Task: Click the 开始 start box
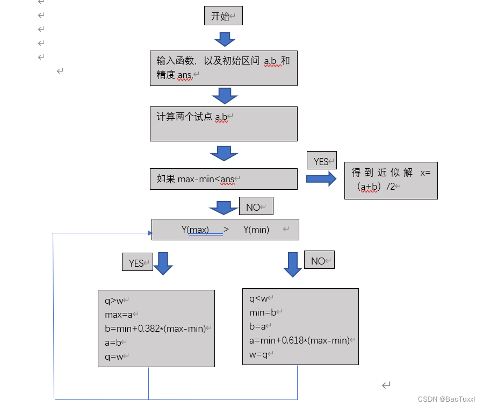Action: click(224, 16)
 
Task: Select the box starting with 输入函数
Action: click(223, 68)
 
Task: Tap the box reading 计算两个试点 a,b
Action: click(223, 124)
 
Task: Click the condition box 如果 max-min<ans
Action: click(223, 179)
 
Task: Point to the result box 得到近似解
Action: click(391, 180)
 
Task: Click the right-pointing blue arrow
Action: click(321, 179)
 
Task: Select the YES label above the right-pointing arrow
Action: click(321, 161)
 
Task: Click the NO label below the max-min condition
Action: click(256, 207)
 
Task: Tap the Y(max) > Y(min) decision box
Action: click(225, 230)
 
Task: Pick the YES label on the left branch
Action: click(137, 263)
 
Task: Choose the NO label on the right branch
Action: click(319, 261)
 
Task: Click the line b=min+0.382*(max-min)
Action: click(155, 329)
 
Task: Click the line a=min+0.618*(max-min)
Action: click(299, 340)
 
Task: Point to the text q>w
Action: click(114, 301)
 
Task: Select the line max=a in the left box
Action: click(119, 315)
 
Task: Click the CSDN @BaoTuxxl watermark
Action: click(446, 399)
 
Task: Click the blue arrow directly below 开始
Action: click(225, 39)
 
